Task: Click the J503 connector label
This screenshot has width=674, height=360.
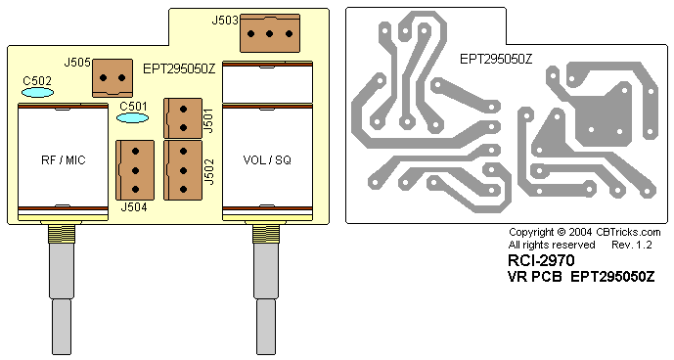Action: click(225, 21)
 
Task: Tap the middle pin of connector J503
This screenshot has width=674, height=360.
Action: click(270, 33)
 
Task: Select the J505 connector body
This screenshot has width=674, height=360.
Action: click(112, 78)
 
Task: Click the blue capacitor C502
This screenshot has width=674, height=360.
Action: click(38, 93)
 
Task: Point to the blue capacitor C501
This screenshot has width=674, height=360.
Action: click(132, 117)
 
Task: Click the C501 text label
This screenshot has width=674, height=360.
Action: click(133, 107)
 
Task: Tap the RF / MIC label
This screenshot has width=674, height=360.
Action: click(64, 160)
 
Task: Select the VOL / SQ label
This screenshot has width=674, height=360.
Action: click(267, 160)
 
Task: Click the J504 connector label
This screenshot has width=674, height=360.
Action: click(134, 207)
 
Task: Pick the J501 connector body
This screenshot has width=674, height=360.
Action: click(183, 118)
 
